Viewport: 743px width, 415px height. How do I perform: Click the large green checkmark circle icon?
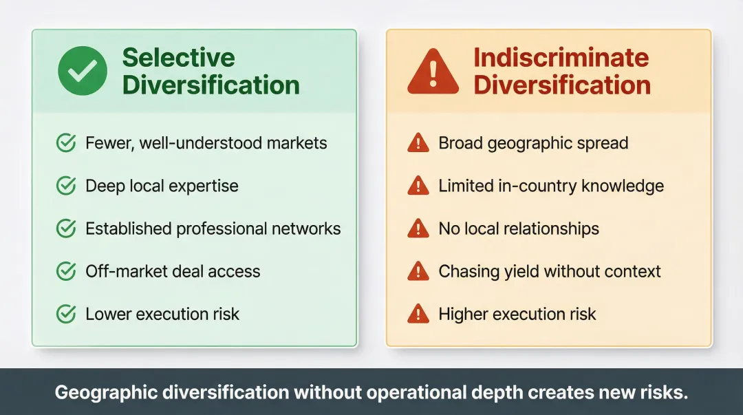pyautogui.click(x=83, y=71)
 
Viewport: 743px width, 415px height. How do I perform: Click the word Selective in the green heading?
pyautogui.click(x=178, y=57)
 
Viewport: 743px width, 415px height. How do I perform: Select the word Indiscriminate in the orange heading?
pyautogui.click(x=561, y=57)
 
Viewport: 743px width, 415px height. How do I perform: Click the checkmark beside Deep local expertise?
pyautogui.click(x=65, y=186)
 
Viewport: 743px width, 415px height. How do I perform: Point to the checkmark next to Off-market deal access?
pyautogui.click(x=65, y=271)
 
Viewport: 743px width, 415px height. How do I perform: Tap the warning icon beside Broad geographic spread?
pyautogui.click(x=418, y=143)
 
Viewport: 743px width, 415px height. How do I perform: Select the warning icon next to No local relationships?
pyautogui.click(x=418, y=228)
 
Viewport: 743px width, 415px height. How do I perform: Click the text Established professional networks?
pyautogui.click(x=213, y=228)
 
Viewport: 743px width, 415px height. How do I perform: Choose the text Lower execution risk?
pyautogui.click(x=162, y=315)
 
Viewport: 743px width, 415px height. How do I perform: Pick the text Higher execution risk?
pyautogui.click(x=517, y=315)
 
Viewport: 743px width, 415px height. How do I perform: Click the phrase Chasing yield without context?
pyautogui.click(x=549, y=271)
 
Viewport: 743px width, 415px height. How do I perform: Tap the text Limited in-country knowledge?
pyautogui.click(x=550, y=186)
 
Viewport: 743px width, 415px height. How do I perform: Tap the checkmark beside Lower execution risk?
pyautogui.click(x=65, y=315)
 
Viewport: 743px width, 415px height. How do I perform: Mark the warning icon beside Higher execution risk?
pyautogui.click(x=418, y=315)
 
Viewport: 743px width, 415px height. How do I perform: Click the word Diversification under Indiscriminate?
pyautogui.click(x=561, y=85)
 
